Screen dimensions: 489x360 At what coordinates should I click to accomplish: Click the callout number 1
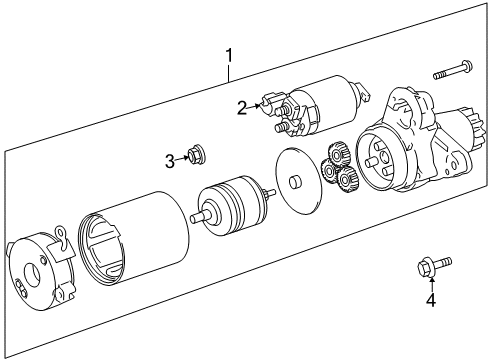(229, 55)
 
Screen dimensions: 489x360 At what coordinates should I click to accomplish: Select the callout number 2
(242, 108)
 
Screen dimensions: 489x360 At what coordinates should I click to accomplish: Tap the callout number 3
(170, 162)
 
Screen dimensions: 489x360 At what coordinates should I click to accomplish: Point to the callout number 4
(431, 300)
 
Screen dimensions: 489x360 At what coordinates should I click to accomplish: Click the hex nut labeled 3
(195, 154)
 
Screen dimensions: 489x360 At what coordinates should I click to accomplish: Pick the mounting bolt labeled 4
(434, 266)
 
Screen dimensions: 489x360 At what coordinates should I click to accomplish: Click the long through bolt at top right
(452, 70)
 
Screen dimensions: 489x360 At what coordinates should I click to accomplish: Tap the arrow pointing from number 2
(254, 106)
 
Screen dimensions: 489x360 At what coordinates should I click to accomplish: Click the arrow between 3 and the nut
(181, 159)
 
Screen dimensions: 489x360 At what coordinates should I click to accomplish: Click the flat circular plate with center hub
(299, 180)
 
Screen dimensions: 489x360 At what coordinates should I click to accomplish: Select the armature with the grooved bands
(232, 206)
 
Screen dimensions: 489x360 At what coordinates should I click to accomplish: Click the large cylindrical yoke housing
(133, 239)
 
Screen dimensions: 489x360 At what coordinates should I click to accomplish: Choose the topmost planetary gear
(338, 154)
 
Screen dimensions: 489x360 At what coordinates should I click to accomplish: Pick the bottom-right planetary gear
(347, 180)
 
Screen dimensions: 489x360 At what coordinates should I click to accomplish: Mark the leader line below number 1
(229, 73)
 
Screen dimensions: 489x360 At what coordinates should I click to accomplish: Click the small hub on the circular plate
(295, 182)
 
